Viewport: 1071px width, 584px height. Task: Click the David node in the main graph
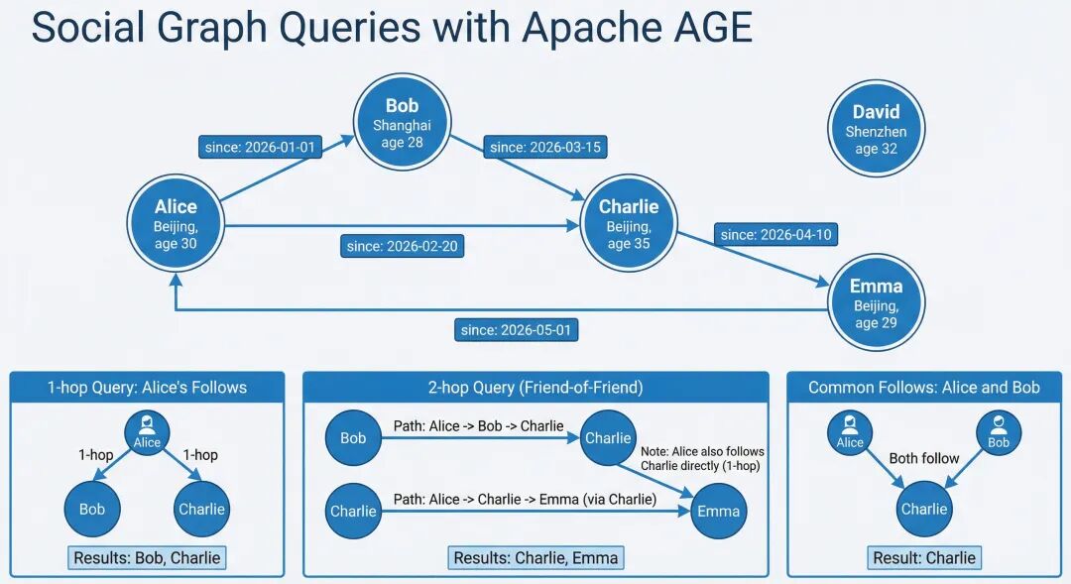coord(876,129)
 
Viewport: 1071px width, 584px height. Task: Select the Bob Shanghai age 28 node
coord(402,123)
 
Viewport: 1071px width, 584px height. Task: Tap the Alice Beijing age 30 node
coord(176,224)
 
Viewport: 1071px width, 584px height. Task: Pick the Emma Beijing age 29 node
coord(877,303)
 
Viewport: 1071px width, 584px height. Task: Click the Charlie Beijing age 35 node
coord(629,223)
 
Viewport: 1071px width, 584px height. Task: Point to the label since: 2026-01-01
coord(260,147)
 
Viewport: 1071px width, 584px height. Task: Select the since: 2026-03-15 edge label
coord(545,147)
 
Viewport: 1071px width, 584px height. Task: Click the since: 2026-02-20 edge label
coord(403,246)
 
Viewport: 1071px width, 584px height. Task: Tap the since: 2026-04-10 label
coord(775,234)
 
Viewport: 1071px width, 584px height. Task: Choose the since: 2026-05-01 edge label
coord(516,330)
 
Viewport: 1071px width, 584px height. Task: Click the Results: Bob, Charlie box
coord(147,557)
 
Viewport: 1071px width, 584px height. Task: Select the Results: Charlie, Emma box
coord(535,557)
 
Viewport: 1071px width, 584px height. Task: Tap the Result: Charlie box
coord(924,557)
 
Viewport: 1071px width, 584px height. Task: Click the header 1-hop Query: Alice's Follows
coord(147,388)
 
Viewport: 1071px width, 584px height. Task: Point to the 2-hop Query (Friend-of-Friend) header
coord(535,388)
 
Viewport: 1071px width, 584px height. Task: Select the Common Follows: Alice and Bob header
coord(924,388)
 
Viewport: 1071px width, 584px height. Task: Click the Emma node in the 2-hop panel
coord(719,511)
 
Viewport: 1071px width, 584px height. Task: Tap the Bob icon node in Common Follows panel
coord(999,433)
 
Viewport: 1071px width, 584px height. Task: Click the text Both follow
coord(924,458)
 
